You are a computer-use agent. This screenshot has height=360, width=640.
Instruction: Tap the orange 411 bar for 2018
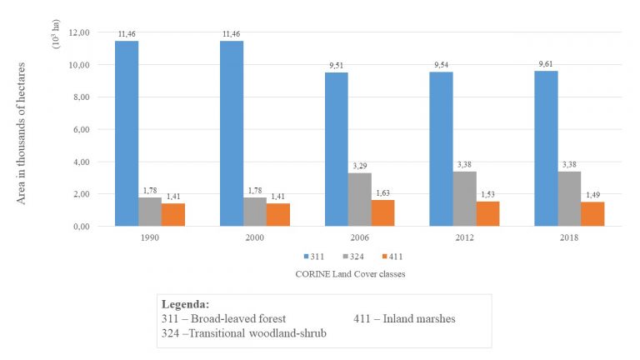coord(592,214)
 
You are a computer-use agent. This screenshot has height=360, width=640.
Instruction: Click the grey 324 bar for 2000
coord(255,212)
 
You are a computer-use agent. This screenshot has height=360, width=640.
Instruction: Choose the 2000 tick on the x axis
coord(255,237)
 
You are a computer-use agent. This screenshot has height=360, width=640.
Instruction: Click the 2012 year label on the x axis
coord(464,237)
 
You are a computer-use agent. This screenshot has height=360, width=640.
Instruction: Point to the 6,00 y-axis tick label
coord(81,129)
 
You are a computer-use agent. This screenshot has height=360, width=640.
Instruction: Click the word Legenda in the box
coord(184,304)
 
